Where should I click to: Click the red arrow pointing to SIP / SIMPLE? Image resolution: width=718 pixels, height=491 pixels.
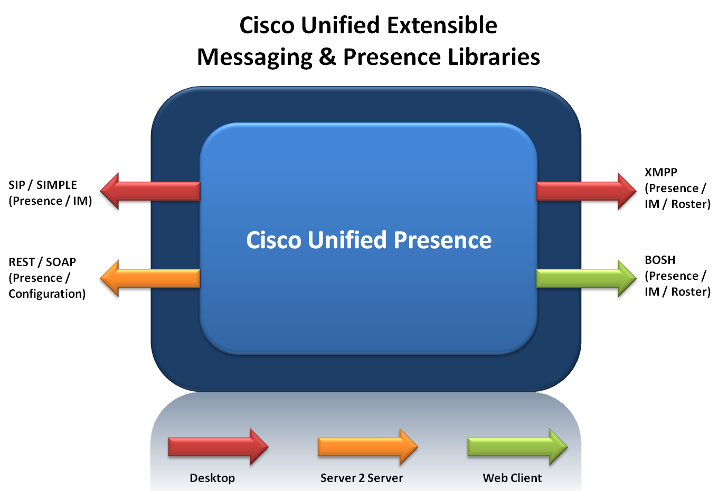pos(150,191)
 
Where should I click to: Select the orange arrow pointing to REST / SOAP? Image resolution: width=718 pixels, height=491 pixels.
pos(150,278)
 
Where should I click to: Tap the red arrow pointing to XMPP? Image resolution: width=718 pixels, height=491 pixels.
pos(586,191)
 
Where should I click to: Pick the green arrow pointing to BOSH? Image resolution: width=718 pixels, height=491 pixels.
pos(586,278)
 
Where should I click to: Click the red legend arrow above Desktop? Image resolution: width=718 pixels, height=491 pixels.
pos(218,447)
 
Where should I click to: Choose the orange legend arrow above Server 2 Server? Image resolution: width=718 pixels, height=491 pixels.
pos(368,447)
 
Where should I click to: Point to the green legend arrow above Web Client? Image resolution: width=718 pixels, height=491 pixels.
pos(518,447)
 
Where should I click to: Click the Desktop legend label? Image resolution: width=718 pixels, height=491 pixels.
pos(212,478)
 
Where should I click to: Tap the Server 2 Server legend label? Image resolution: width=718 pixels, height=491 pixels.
pos(362,478)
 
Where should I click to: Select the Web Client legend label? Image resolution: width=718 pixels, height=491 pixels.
pos(512,478)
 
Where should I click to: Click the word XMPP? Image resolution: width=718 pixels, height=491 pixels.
pos(661,173)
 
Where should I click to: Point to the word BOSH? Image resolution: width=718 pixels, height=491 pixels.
pos(660,260)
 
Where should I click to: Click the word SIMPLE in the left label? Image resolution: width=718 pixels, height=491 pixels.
pos(56,185)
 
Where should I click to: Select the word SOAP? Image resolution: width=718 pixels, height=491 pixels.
pos(61,262)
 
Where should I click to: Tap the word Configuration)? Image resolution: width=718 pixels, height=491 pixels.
pos(47,294)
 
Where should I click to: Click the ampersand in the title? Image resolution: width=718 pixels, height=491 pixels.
pos(327,56)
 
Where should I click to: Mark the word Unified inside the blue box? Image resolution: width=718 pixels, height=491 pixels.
pos(347,240)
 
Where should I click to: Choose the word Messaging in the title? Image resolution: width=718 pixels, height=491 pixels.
pos(255,58)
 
